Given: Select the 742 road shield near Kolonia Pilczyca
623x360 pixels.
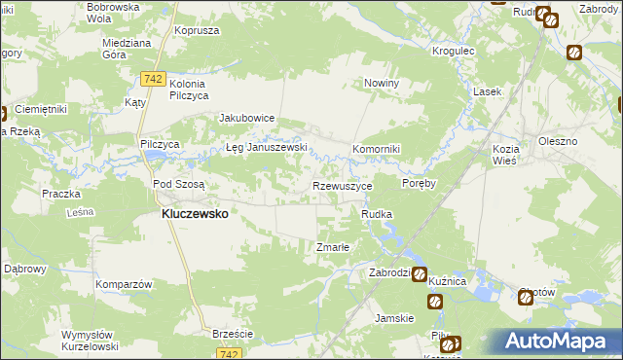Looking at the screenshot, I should (151, 77).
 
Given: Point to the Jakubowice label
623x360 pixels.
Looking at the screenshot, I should (247, 119).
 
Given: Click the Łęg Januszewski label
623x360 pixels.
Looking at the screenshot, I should (267, 148).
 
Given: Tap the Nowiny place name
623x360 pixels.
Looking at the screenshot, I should (383, 84).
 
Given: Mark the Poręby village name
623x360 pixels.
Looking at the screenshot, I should (419, 182).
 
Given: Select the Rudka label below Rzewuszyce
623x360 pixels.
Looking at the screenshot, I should (377, 214).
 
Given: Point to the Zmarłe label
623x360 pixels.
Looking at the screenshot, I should (333, 247).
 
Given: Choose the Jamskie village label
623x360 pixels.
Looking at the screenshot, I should (395, 318).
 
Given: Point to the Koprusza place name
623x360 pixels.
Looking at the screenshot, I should (194, 31).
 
